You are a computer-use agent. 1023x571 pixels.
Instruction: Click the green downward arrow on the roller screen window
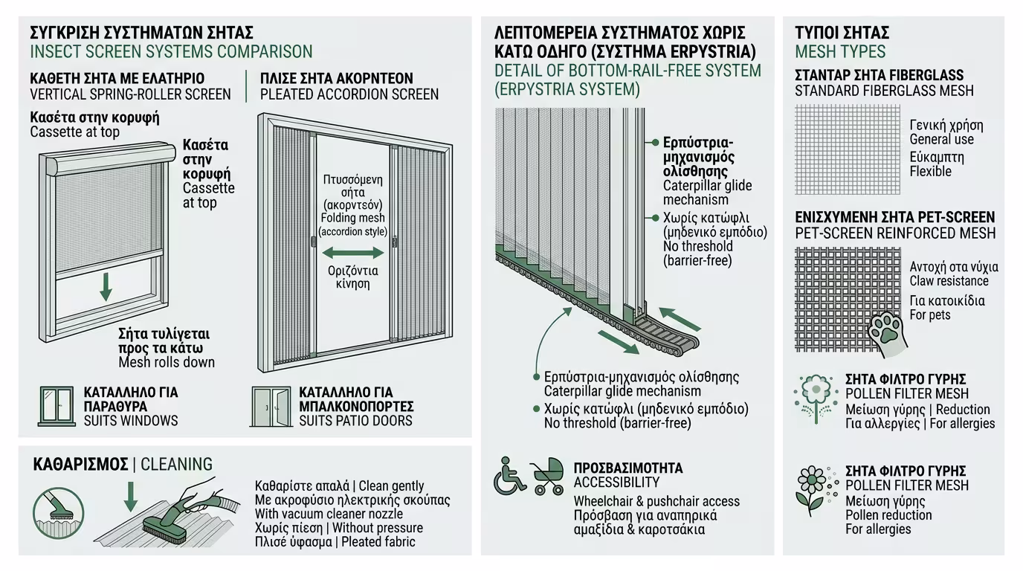(x=106, y=286)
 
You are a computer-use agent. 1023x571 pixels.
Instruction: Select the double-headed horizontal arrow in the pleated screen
(x=352, y=253)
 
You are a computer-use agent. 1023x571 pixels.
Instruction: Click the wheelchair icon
(x=510, y=477)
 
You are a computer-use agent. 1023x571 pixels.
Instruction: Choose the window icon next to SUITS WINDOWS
(x=57, y=406)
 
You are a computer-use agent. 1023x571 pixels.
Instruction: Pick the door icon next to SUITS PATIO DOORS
(x=271, y=406)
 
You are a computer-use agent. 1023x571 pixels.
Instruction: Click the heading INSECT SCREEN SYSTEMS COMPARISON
(x=171, y=52)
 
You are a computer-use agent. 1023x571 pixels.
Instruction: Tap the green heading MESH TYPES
(x=840, y=52)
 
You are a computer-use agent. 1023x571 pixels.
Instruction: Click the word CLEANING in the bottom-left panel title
(x=176, y=465)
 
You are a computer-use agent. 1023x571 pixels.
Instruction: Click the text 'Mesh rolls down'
(x=167, y=362)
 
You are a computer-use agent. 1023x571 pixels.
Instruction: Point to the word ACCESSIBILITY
(x=616, y=483)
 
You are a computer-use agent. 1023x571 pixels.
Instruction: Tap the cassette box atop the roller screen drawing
(x=109, y=158)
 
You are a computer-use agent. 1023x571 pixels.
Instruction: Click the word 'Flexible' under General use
(x=930, y=171)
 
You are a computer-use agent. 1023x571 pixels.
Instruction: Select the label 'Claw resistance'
(x=949, y=281)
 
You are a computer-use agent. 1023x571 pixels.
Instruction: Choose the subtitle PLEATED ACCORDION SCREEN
(x=349, y=94)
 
